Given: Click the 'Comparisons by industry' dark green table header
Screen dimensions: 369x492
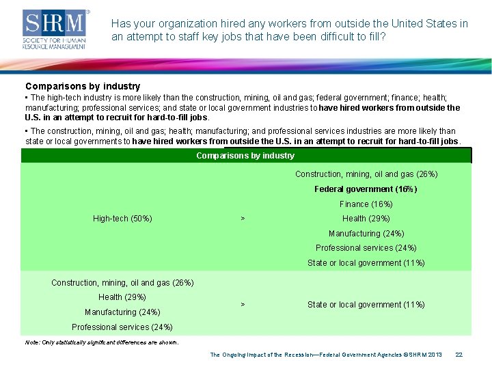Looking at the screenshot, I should click(245, 156).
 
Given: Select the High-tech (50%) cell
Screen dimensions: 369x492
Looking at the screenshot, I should click(122, 219).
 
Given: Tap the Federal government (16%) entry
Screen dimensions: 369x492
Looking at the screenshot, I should click(366, 189).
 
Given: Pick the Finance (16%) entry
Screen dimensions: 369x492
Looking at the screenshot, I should click(366, 204).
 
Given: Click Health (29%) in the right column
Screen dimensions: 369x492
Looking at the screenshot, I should click(366, 219).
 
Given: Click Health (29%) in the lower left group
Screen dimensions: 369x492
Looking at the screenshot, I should click(122, 297).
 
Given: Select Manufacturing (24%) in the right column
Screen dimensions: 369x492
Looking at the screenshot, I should click(366, 234).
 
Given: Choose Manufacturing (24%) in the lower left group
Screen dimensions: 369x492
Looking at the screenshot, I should click(122, 312).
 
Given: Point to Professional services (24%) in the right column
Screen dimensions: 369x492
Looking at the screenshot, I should click(366, 248).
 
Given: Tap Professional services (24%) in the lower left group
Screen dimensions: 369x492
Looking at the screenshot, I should click(122, 327).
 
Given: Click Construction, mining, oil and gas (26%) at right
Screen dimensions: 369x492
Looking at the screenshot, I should click(366, 174).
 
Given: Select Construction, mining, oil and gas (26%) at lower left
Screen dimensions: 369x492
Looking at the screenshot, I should click(122, 283).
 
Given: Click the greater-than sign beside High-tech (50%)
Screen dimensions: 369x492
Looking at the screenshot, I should click(243, 219).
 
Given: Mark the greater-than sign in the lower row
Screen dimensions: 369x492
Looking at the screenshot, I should click(243, 305).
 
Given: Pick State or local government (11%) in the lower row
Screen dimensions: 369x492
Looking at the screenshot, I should click(366, 305).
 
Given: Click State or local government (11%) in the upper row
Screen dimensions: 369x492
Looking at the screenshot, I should click(366, 263).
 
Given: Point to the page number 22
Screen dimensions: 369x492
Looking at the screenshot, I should click(459, 355).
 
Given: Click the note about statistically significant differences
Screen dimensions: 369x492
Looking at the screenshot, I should click(102, 342).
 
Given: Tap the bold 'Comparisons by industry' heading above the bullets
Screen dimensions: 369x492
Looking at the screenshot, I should click(83, 87).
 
